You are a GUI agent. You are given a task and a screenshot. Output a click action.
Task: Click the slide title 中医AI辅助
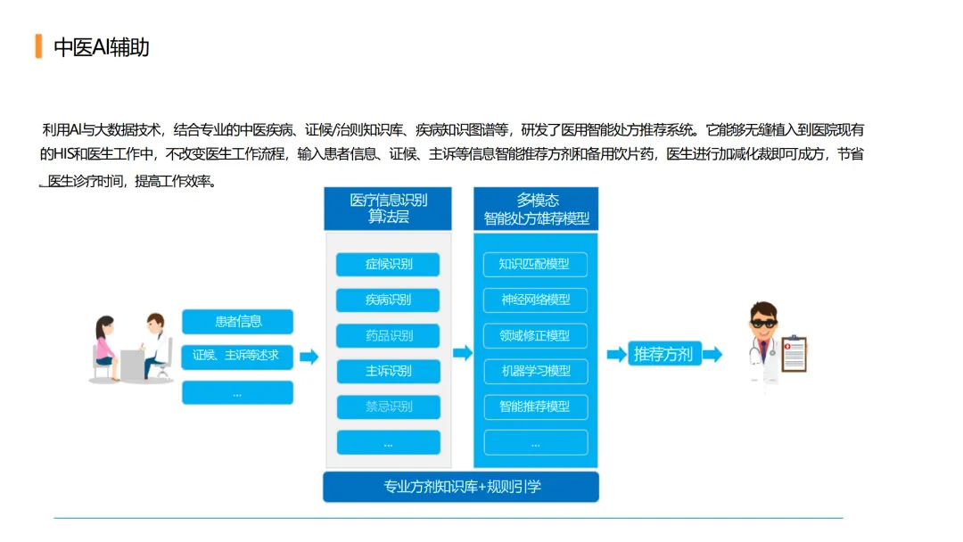(x=102, y=47)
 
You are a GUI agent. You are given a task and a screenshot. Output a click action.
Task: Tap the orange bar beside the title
(x=38, y=46)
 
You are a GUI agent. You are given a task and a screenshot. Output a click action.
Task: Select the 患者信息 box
(x=237, y=322)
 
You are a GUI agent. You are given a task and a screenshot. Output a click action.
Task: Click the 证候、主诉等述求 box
(x=237, y=356)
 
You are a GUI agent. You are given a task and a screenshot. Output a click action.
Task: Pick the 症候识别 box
(x=388, y=265)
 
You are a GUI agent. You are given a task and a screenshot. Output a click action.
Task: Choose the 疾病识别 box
(x=388, y=300)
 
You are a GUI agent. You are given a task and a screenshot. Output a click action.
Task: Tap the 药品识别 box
(x=388, y=336)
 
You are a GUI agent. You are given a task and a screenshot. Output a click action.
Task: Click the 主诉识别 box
(x=388, y=371)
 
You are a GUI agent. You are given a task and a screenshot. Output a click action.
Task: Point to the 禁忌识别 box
(x=388, y=406)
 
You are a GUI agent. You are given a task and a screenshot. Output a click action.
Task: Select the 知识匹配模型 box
(x=535, y=264)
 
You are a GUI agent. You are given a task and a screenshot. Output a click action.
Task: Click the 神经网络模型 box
(x=535, y=300)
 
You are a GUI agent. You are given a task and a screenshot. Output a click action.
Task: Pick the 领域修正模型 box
(x=535, y=336)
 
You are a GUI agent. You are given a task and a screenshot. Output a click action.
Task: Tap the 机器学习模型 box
(x=535, y=371)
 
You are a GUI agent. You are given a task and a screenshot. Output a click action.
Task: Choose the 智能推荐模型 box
(x=535, y=406)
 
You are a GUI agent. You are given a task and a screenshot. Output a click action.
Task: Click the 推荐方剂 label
(x=663, y=354)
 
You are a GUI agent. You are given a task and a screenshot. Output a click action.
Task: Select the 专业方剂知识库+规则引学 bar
(x=460, y=487)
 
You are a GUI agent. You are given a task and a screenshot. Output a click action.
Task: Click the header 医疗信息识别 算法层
(x=388, y=209)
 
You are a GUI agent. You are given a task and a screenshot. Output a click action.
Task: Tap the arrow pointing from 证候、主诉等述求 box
(x=309, y=357)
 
